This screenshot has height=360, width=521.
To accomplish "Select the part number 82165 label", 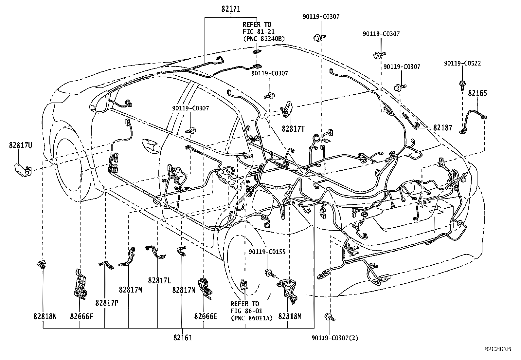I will pyautogui.click(x=477, y=93).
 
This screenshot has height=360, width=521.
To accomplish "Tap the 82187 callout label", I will pyautogui.click(x=442, y=128).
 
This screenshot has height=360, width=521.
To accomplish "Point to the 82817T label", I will pyautogui.click(x=293, y=129).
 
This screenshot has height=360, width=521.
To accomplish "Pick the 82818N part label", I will pyautogui.click(x=45, y=316).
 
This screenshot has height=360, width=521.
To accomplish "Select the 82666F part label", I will pyautogui.click(x=81, y=316).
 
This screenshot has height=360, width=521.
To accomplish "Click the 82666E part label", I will pyautogui.click(x=206, y=316).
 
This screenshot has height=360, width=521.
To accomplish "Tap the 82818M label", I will pyautogui.click(x=290, y=316).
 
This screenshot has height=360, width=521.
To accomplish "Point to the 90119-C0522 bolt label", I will pyautogui.click(x=462, y=64).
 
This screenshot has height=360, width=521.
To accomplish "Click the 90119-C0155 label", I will pyautogui.click(x=267, y=252).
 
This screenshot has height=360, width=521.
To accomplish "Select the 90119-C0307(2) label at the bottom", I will pyautogui.click(x=335, y=338).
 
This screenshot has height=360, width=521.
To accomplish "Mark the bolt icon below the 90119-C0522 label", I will pyautogui.click(x=462, y=85).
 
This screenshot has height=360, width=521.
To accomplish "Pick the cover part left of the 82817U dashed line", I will pyautogui.click(x=22, y=169).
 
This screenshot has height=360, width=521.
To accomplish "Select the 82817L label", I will pyautogui.click(x=160, y=281).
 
